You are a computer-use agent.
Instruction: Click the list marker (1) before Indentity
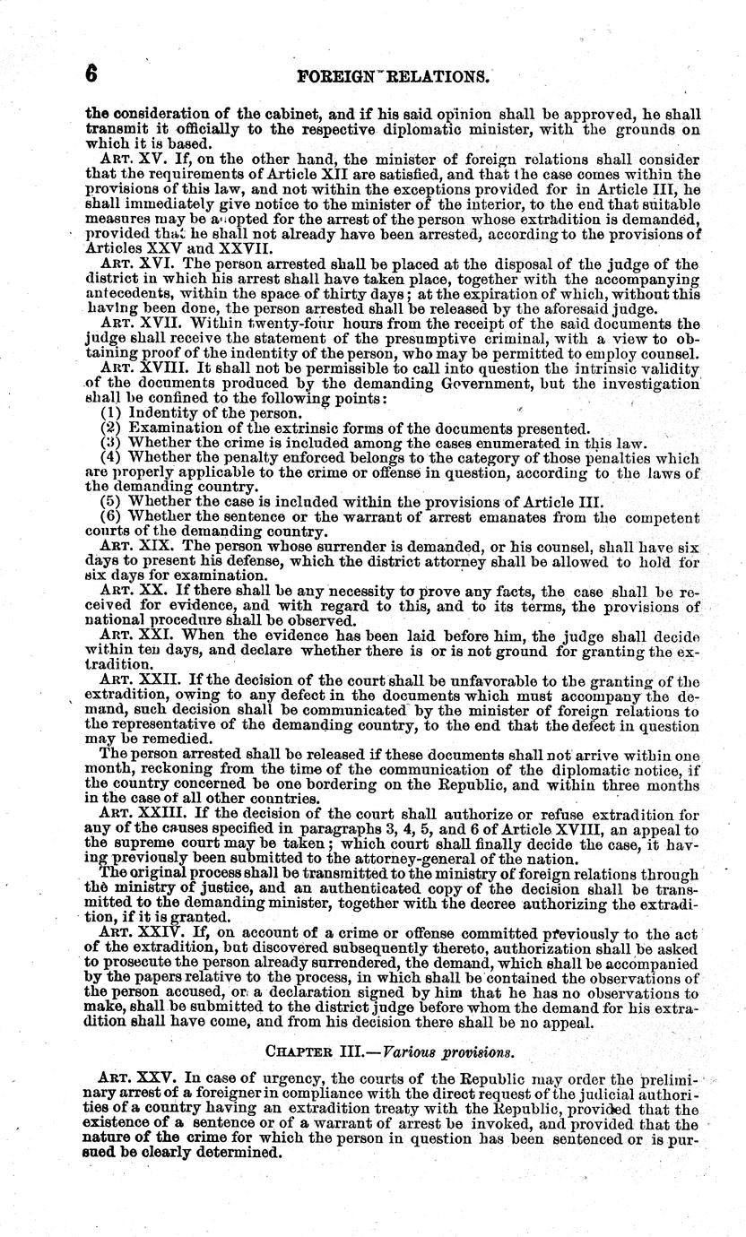click(111, 413)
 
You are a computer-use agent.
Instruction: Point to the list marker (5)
click(111, 501)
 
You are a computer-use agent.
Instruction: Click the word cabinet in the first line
click(249, 114)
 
